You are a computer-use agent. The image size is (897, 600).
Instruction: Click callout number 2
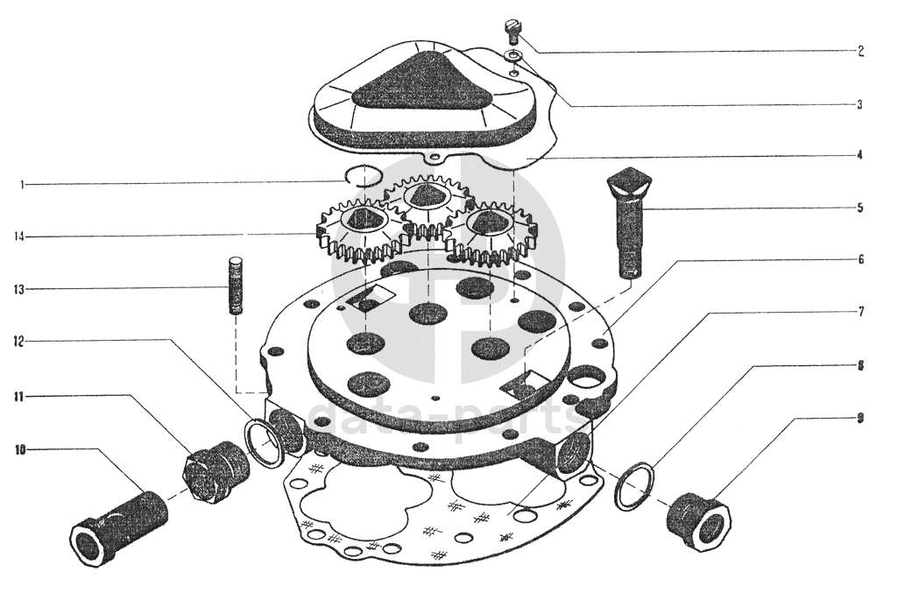click(x=860, y=52)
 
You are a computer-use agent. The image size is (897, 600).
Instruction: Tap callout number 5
click(x=860, y=208)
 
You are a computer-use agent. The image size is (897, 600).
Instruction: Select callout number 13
click(x=19, y=290)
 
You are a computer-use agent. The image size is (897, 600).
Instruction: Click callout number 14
click(x=19, y=236)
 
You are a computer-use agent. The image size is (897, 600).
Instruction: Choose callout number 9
click(x=860, y=419)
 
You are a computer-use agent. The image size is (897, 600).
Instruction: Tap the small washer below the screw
click(x=512, y=55)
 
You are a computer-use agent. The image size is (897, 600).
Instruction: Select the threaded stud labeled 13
click(x=235, y=286)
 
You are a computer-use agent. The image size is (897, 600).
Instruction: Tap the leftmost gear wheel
click(x=359, y=230)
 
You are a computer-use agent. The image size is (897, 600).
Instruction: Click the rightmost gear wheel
click(x=491, y=233)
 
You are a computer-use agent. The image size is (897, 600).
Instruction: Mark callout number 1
click(x=22, y=185)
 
